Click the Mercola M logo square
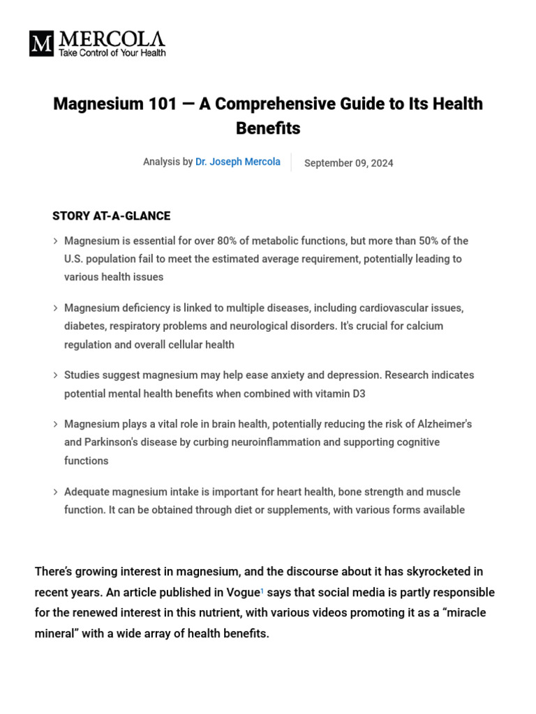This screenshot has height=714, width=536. pos(41,43)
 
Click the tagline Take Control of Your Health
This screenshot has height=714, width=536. pos(112,53)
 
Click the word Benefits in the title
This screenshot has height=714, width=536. pos(268,128)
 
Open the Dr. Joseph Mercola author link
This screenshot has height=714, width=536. pos(238,162)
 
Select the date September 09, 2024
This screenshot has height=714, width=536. pos(349,163)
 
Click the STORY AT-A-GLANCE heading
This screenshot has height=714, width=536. pos(111,216)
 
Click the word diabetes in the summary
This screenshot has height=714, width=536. pos(84,326)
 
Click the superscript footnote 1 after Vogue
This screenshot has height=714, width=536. pos(262,590)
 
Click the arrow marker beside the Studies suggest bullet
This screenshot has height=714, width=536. pos(55,375)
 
